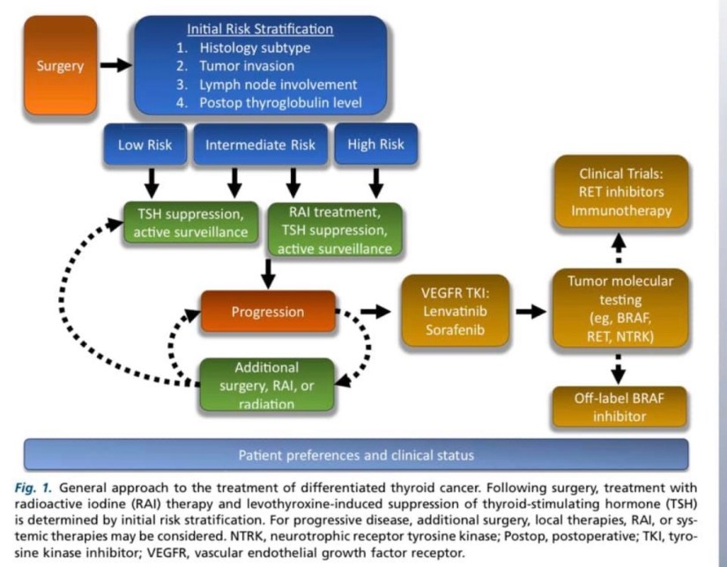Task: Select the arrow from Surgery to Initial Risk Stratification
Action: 115,65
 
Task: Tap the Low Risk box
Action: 146,145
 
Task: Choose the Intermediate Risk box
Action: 260,145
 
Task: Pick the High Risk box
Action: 375,145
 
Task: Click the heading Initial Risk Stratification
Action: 261,29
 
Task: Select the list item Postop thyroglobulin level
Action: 281,104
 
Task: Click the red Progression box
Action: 267,312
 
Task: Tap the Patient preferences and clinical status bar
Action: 357,455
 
